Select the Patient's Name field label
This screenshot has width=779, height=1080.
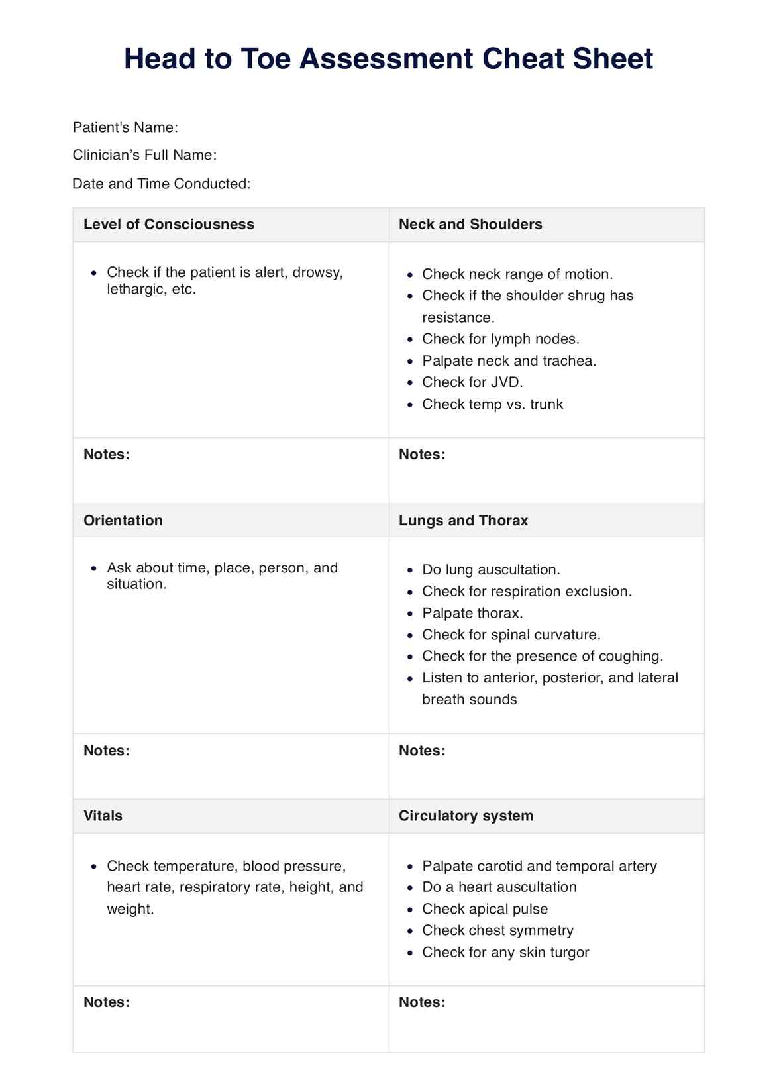click(125, 127)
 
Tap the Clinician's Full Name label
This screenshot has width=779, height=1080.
click(144, 155)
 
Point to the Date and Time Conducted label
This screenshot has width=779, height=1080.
click(161, 184)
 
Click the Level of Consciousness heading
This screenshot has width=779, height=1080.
click(168, 224)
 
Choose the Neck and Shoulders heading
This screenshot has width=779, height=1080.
click(470, 224)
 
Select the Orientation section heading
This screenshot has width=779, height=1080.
click(123, 520)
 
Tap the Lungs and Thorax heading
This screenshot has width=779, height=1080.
click(463, 520)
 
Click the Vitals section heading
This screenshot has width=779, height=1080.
click(103, 815)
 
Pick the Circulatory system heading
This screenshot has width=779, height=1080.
click(466, 815)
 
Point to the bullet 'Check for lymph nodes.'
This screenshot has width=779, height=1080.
click(500, 339)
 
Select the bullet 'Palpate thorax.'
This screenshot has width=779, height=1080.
click(472, 613)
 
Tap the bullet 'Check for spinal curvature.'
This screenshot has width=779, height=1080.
click(511, 635)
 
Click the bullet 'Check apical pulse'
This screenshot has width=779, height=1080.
click(485, 908)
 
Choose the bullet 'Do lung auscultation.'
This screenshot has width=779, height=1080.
click(491, 570)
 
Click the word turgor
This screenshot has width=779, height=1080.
click(568, 952)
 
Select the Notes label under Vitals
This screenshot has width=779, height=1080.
click(106, 1002)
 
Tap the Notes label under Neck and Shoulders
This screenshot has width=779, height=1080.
click(421, 454)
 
